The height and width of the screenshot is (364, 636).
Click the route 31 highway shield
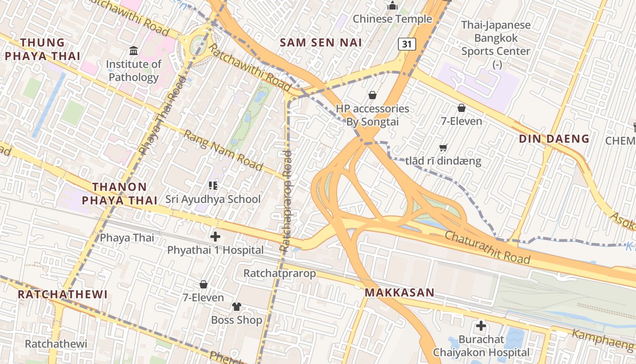[407, 44]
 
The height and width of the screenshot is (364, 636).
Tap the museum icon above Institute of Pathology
[134, 51]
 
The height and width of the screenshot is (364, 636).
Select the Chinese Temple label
[392, 19]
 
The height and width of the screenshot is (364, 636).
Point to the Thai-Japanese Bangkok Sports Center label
[496, 38]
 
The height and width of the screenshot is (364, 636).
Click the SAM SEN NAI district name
[321, 43]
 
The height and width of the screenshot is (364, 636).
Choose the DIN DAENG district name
[554, 139]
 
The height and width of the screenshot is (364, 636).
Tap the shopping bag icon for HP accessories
[372, 95]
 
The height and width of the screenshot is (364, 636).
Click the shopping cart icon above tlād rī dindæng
[443, 147]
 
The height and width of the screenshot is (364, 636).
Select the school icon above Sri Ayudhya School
[213, 185]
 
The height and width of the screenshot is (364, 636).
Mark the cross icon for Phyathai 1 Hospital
[215, 237]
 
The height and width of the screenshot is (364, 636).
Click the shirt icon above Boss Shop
[236, 306]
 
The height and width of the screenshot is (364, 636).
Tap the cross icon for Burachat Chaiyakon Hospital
[481, 326]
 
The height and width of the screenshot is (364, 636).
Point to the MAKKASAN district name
[399, 293]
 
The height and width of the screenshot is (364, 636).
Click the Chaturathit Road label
[487, 248]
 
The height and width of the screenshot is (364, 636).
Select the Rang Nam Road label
[223, 151]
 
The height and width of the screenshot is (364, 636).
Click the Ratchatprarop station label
[279, 273]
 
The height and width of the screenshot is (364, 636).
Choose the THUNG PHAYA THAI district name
[43, 50]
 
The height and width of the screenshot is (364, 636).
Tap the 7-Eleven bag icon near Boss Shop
[204, 284]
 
